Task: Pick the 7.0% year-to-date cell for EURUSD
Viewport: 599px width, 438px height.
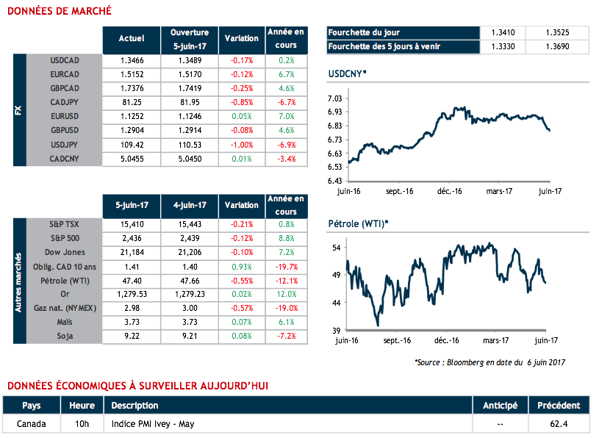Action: pyautogui.click(x=287, y=116)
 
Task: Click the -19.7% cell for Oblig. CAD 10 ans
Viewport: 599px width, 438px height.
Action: pyautogui.click(x=286, y=267)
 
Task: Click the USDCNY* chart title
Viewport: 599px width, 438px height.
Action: pyautogui.click(x=348, y=75)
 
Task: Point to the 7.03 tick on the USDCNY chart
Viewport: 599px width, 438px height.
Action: pyautogui.click(x=335, y=98)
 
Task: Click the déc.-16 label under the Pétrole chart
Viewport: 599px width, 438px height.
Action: pyautogui.click(x=447, y=341)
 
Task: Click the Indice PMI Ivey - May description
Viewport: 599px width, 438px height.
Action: pyautogui.click(x=153, y=424)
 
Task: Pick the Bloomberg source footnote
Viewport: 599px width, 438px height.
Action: pyautogui.click(x=489, y=362)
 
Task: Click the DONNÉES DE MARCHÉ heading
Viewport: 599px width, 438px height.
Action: pyautogui.click(x=60, y=11)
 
